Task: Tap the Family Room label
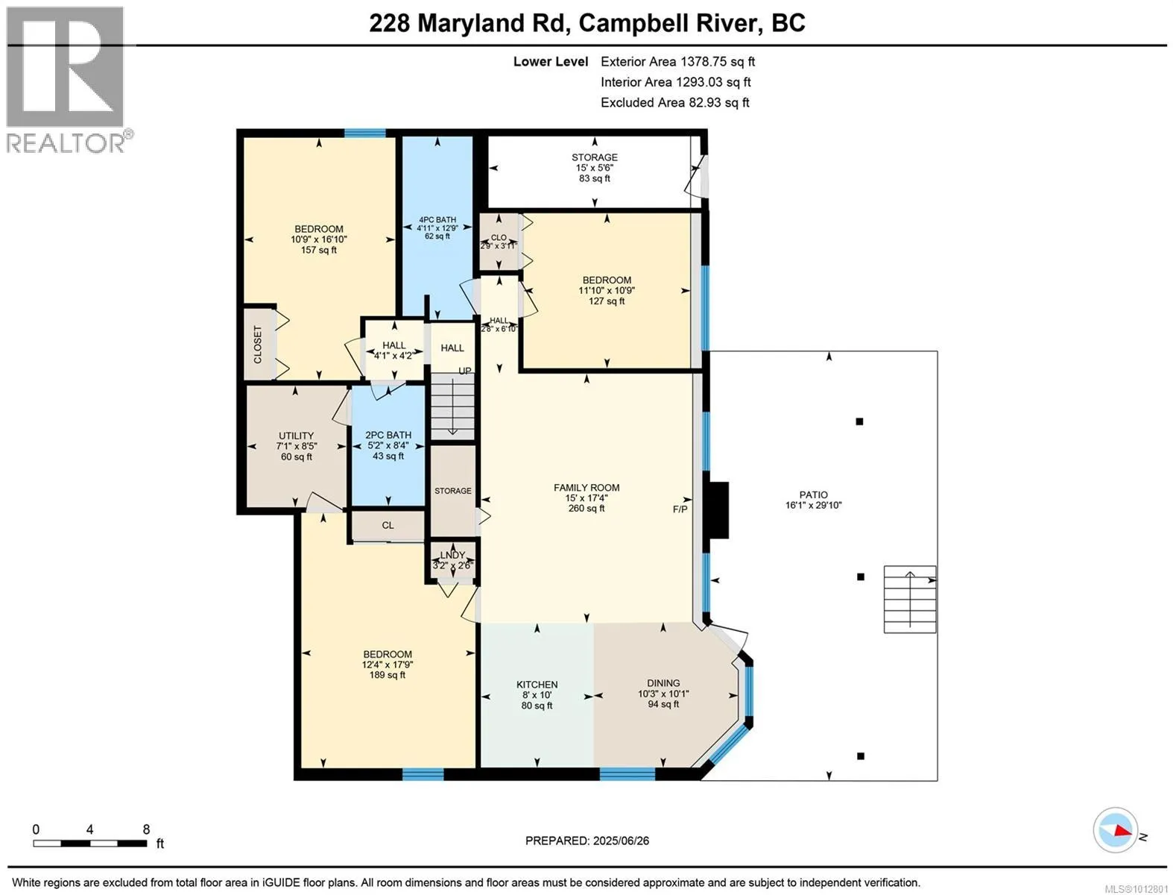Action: (586, 497)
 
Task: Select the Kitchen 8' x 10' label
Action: (537, 694)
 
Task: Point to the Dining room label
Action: (663, 694)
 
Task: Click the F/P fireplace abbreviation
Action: (680, 509)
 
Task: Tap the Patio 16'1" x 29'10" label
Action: (813, 500)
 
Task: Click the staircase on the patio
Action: (909, 599)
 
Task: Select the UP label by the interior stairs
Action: (465, 371)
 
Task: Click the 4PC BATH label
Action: (437, 227)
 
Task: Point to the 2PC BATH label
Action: (388, 445)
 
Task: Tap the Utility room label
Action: (296, 446)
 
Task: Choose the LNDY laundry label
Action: (452, 560)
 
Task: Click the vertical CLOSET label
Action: (258, 345)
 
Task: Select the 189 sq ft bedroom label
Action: (388, 665)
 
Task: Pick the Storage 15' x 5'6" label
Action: (594, 167)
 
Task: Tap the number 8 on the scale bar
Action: (146, 829)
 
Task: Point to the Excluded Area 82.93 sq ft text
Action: (675, 102)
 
